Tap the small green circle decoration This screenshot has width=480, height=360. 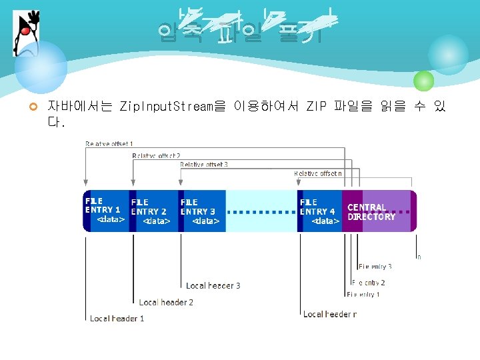pyautogui.click(x=423, y=81)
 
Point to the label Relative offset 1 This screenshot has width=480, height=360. pyautogui.click(x=109, y=143)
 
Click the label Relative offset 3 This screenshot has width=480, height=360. pyautogui.click(x=204, y=164)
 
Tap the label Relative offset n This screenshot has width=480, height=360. pyautogui.click(x=319, y=173)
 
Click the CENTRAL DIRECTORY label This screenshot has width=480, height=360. pyautogui.click(x=371, y=212)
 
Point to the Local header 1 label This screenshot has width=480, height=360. pyautogui.click(x=117, y=319)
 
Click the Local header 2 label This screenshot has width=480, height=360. pyautogui.click(x=166, y=302)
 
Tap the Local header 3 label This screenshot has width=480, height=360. pyautogui.click(x=213, y=285)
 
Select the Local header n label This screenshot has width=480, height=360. pyautogui.click(x=330, y=314)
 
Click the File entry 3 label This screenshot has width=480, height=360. pyautogui.click(x=375, y=267)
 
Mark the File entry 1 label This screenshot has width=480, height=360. pyautogui.click(x=363, y=294)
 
